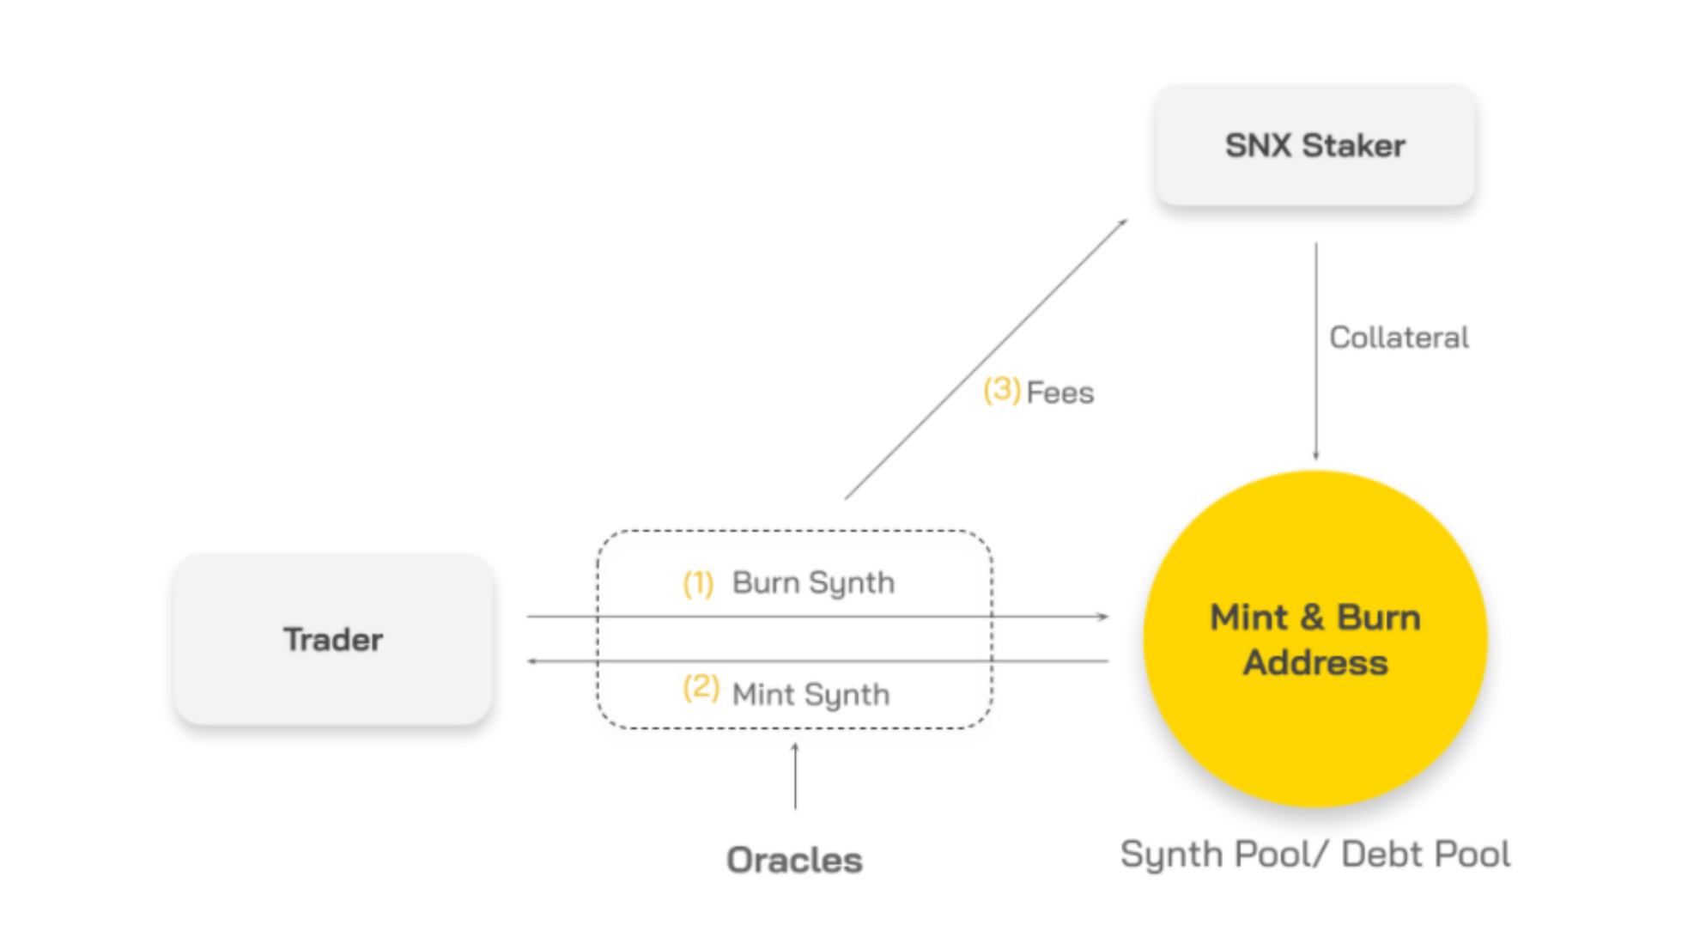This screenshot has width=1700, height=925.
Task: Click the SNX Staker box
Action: point(1314,145)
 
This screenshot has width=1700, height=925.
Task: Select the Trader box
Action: point(333,640)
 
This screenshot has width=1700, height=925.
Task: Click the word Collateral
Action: point(1399,338)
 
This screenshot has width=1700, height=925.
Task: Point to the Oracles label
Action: point(794,860)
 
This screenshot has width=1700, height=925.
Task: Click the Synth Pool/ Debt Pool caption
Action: point(1314,855)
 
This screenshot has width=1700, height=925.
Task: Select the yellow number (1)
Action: point(698,583)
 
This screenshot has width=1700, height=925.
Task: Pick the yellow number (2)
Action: point(701,688)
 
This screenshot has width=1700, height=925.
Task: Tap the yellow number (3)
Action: point(1001,390)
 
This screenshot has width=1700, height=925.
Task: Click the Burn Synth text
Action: point(813,583)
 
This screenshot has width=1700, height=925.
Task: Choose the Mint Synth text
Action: point(811,694)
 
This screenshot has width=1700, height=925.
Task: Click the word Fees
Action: point(1060,393)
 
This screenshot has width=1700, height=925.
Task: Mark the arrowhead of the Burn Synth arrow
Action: point(1103,617)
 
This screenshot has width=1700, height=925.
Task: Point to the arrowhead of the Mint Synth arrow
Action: point(532,661)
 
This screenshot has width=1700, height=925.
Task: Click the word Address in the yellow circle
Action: point(1315,663)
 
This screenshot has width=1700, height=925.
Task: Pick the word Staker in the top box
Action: point(1354,145)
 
